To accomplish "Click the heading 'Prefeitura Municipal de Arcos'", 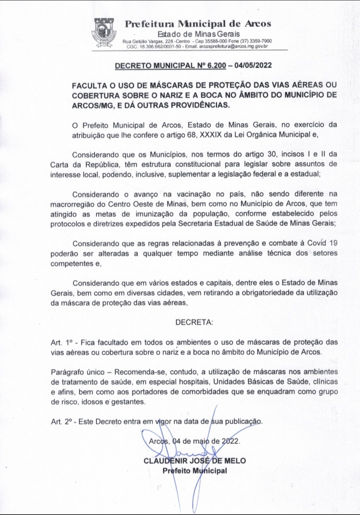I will coord(198,23).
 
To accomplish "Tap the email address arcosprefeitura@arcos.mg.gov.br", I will coord(234,46).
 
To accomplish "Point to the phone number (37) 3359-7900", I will coord(258,40).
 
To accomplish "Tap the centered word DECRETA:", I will coord(194,322).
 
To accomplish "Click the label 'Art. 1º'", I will coord(62,342).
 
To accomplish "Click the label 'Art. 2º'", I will coord(62,421).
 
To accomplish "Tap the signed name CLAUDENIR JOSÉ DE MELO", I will coord(194,460).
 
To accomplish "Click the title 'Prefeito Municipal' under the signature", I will coord(194,470).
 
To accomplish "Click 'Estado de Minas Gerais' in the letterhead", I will coord(198,33).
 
